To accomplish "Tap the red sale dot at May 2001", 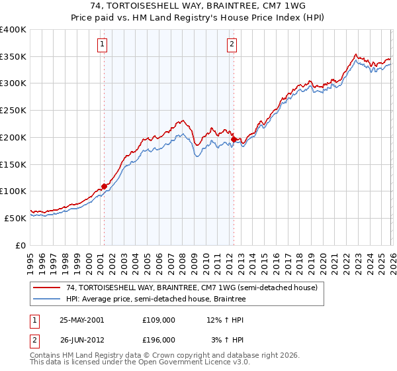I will click(104, 186).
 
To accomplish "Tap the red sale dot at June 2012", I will click(234, 139).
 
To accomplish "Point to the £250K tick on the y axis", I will click(13, 111).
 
